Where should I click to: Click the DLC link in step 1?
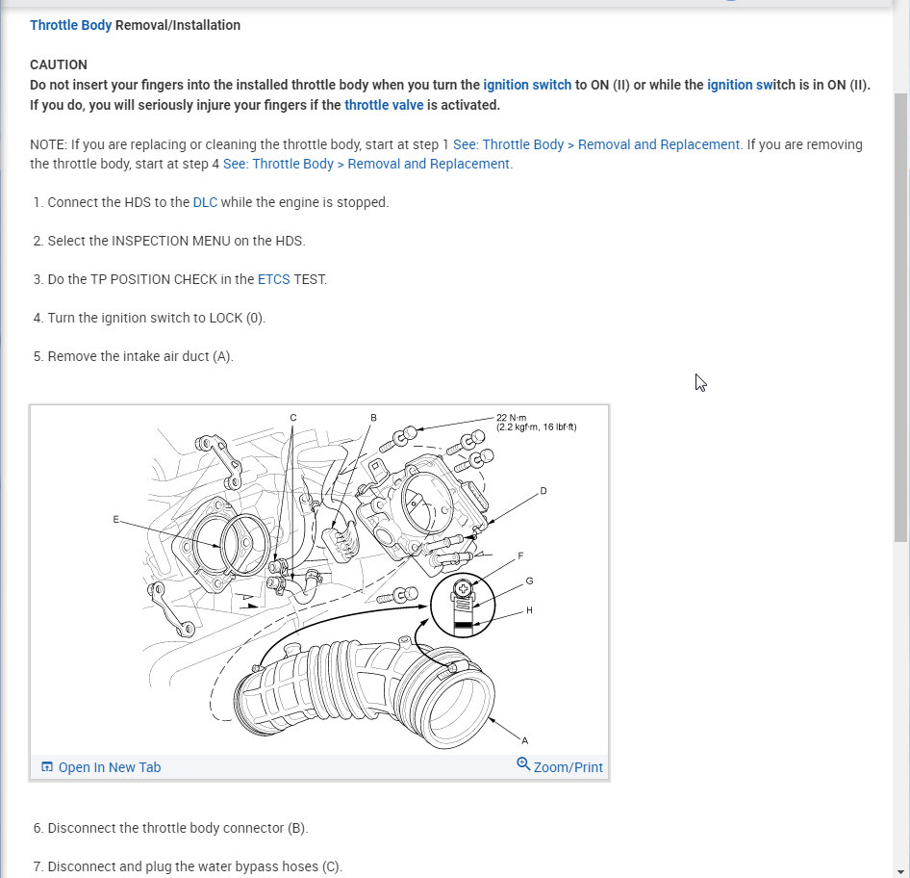(205, 203)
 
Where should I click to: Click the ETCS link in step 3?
(273, 280)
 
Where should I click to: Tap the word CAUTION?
(59, 65)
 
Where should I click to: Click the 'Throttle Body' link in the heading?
(70, 25)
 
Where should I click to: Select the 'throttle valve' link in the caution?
(384, 106)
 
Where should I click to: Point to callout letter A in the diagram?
(524, 740)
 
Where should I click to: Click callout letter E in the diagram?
(116, 520)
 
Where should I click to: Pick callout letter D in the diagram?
(543, 491)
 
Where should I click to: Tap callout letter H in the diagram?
(529, 610)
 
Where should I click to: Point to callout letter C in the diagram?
(293, 418)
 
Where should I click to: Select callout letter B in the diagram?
(373, 418)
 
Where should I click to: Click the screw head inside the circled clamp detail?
(463, 588)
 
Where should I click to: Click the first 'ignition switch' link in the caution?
(527, 85)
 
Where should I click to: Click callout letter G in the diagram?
(529, 581)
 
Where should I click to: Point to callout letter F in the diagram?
(520, 556)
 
